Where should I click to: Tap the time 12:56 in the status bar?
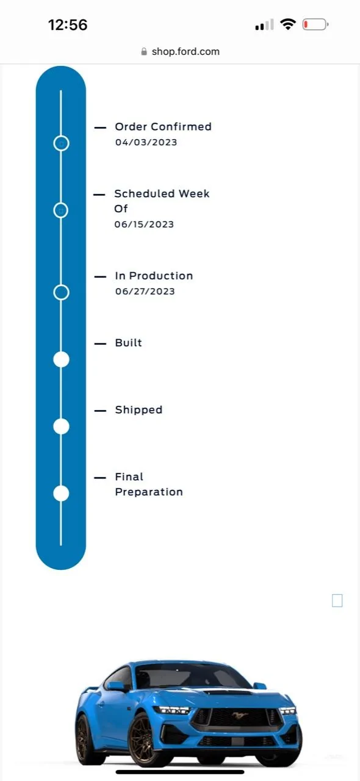[x=68, y=25]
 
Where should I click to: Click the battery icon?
[x=315, y=25]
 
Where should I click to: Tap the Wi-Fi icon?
[x=288, y=24]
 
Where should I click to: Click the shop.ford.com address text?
[x=185, y=52]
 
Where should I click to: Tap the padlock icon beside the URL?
[x=144, y=52]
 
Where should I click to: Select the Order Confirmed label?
[x=164, y=126]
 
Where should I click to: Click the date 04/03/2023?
[x=146, y=142]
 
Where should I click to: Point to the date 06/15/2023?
[x=144, y=224]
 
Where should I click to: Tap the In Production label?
[x=154, y=276]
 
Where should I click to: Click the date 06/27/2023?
[x=145, y=291]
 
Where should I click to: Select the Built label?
[x=128, y=343]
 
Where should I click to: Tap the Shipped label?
[x=139, y=410]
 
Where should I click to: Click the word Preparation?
[x=149, y=492]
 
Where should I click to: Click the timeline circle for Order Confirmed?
[x=61, y=136]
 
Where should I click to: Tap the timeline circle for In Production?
[x=61, y=285]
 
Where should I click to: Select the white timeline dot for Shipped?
[x=61, y=426]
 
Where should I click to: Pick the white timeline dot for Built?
[x=61, y=359]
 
